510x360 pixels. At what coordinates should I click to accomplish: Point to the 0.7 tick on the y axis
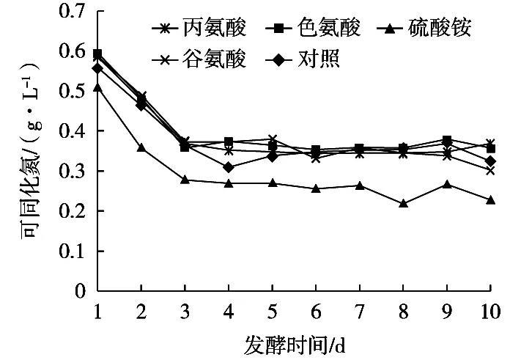[73, 12]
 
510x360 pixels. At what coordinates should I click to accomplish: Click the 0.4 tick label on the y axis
[73, 131]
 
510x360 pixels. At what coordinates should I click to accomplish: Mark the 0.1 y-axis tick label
[73, 251]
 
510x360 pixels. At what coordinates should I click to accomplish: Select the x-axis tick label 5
[272, 311]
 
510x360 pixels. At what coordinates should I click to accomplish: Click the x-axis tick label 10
[490, 311]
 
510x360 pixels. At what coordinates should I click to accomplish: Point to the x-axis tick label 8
[403, 311]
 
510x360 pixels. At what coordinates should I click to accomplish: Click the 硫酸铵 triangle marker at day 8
[403, 203]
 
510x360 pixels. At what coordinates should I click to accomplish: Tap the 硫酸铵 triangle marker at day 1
[97, 88]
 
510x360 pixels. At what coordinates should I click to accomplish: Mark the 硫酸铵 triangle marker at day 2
[141, 147]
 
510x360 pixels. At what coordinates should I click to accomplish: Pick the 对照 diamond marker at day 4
[229, 167]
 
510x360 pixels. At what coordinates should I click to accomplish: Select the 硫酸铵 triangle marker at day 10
[490, 199]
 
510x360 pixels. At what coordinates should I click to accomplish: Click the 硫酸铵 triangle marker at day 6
[316, 188]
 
